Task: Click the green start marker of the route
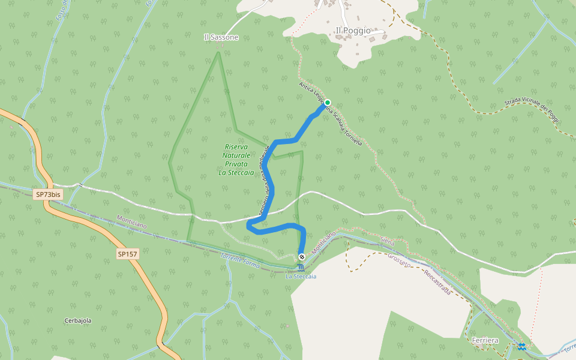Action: (328, 103)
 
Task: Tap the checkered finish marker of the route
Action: (301, 257)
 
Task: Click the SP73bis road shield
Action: (48, 194)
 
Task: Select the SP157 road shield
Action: (128, 254)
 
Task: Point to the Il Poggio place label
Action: (353, 30)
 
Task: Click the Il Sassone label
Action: (221, 37)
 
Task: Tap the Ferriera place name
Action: (485, 340)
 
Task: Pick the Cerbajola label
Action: (78, 320)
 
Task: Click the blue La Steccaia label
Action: (301, 277)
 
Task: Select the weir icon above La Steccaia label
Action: (301, 267)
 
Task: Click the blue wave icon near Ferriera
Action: (522, 346)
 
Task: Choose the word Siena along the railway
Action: (388, 241)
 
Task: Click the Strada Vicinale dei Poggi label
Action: (532, 112)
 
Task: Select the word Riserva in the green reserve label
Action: (236, 146)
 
